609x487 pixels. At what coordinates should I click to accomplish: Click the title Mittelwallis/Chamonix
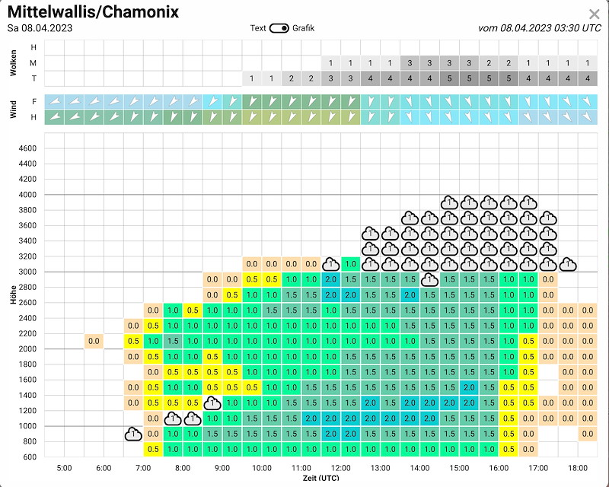pos(94,13)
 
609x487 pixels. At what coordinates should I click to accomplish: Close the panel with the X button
pos(595,14)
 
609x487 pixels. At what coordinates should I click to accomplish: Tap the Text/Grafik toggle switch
pos(279,28)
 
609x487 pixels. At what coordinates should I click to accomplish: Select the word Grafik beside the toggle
pos(303,28)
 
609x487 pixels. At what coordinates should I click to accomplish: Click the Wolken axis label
pos(14,63)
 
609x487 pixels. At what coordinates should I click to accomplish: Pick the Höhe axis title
pos(14,295)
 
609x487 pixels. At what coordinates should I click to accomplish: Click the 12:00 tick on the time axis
pos(340,469)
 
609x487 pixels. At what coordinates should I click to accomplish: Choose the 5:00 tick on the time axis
pos(64,469)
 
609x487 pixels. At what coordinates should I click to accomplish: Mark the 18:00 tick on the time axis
pos(578,469)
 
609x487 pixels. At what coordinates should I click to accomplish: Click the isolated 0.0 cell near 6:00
pos(94,341)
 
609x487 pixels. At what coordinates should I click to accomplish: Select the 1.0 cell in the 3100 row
pos(351,264)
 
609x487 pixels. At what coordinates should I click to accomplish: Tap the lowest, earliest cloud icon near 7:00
pos(133,434)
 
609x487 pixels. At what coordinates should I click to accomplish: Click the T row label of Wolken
pos(33,78)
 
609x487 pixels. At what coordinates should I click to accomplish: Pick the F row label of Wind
pos(33,101)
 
